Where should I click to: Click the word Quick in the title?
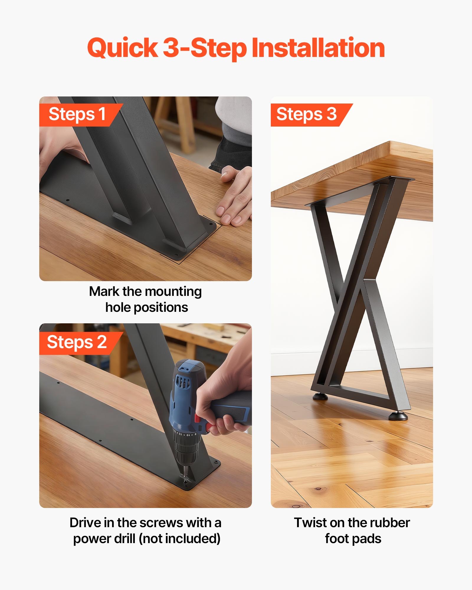point(122,48)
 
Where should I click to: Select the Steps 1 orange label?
point(77,114)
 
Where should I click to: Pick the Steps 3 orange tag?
point(307,114)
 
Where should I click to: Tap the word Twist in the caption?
point(310,522)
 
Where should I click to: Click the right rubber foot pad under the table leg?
point(398,416)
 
